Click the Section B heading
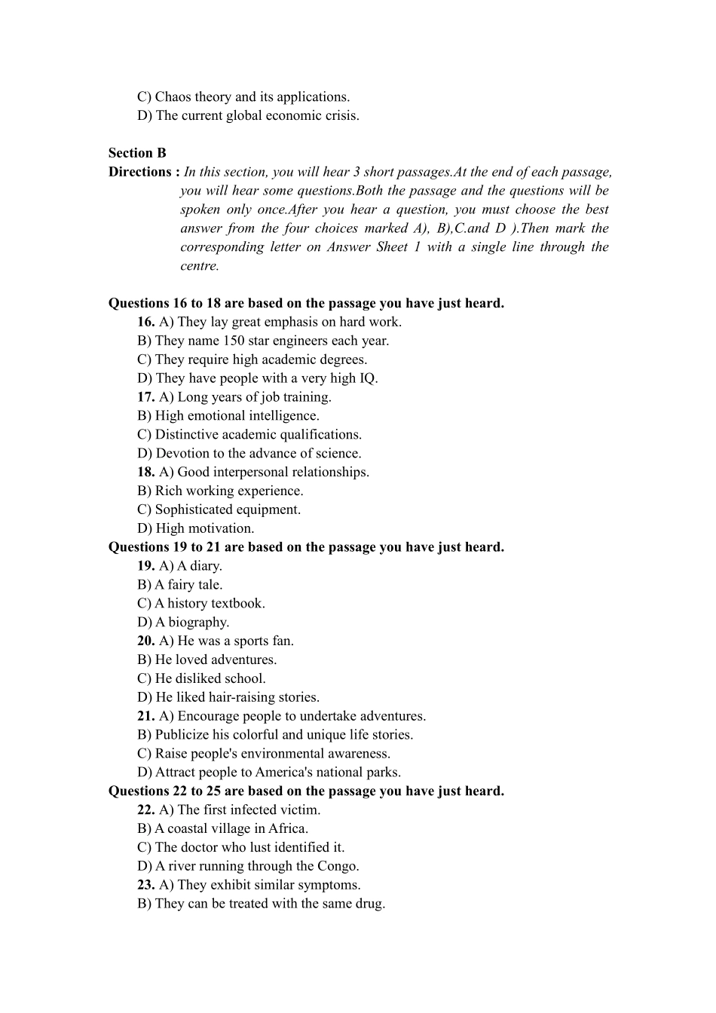click(137, 153)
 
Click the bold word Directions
click(139, 172)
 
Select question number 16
click(145, 322)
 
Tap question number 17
click(145, 397)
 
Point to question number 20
click(145, 641)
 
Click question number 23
click(145, 886)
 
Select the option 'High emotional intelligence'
click(228, 416)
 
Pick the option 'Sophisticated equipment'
click(219, 510)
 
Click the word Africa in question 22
click(286, 829)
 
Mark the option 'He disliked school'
click(202, 679)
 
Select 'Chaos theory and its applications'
click(243, 97)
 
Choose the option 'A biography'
click(183, 623)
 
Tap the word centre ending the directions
click(199, 266)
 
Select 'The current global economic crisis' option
click(249, 116)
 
